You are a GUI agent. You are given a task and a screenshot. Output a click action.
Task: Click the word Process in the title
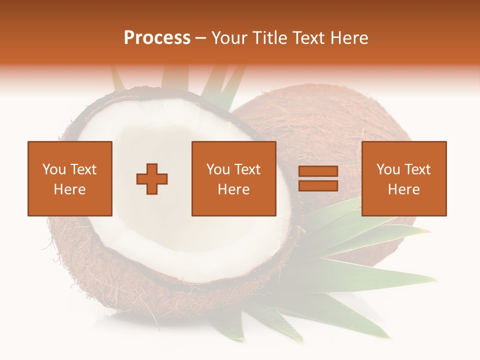point(157,38)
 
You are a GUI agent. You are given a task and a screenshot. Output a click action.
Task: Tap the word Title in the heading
point(268,38)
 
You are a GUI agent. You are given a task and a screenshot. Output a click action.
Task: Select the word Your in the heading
point(229,38)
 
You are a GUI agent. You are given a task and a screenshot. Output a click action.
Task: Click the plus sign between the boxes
point(152,179)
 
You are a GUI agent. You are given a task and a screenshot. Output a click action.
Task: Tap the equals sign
point(318,178)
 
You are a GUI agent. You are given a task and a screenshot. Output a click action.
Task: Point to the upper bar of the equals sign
point(318,172)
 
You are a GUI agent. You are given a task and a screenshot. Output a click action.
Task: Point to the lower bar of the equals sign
point(318,185)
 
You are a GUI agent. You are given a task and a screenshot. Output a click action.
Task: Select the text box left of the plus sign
point(69,178)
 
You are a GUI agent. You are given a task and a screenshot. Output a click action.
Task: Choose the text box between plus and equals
point(233,178)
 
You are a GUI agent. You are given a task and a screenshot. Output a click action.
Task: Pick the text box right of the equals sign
point(403,178)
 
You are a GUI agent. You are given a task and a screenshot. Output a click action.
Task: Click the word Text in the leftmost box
point(83,169)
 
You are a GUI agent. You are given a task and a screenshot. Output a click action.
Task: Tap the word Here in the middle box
point(233,189)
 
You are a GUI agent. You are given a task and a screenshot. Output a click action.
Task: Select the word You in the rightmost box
point(388,169)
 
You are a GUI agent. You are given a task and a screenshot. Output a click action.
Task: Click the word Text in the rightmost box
point(417,169)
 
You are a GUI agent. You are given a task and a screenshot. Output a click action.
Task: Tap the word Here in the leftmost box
point(69,189)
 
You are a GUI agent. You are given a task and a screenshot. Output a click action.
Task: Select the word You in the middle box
point(218,169)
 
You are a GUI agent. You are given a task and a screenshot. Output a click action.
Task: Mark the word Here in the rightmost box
point(403,189)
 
